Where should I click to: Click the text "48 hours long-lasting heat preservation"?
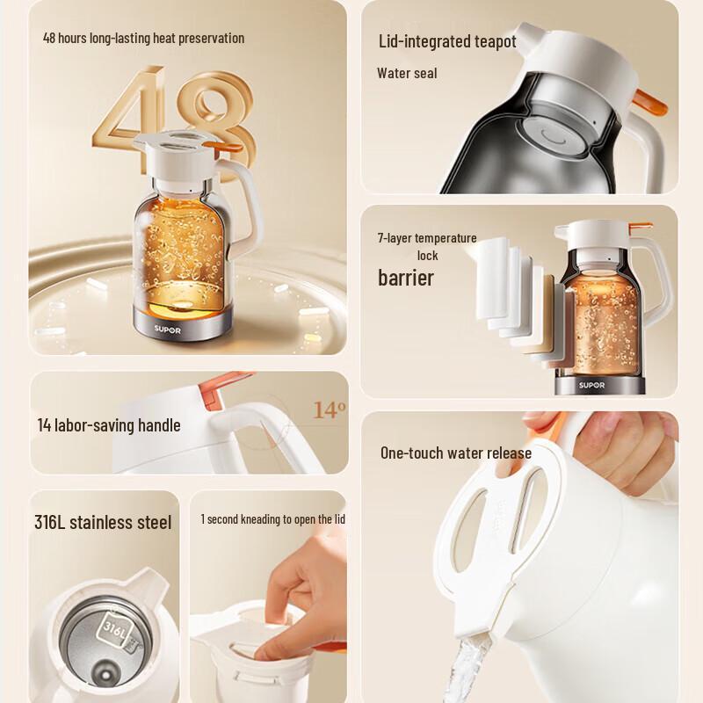(x=143, y=39)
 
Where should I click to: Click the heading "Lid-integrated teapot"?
(x=447, y=41)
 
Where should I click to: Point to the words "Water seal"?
(x=407, y=73)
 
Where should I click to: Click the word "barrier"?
(x=406, y=279)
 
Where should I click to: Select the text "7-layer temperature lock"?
(x=427, y=246)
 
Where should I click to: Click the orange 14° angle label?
(x=330, y=410)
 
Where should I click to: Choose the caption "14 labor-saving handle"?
(x=109, y=425)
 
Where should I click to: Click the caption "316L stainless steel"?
(x=103, y=523)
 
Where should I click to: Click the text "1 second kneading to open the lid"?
(x=272, y=519)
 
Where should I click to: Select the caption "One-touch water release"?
(x=455, y=453)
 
